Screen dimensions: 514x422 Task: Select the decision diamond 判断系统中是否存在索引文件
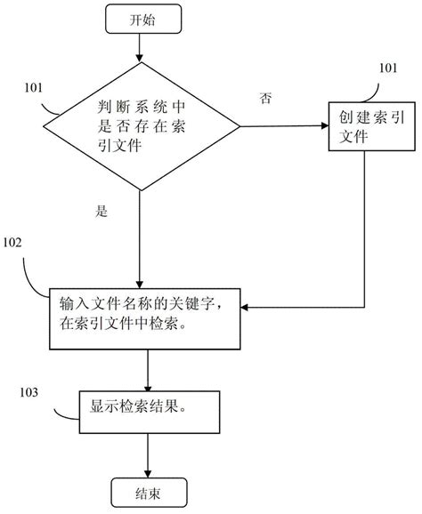[x=141, y=126]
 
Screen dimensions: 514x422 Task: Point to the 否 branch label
[x=264, y=97]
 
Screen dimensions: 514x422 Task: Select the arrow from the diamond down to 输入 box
[x=140, y=231]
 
